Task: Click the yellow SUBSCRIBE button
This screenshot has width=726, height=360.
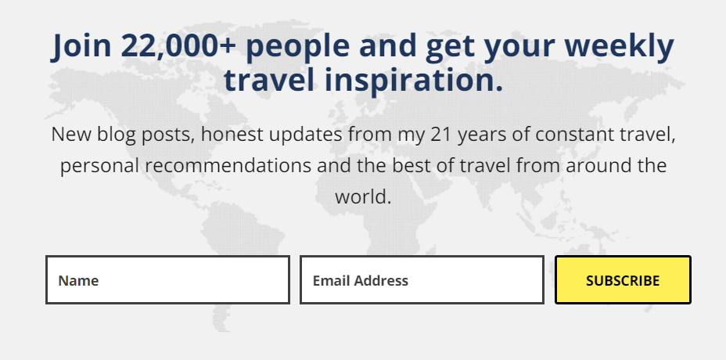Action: [623, 280]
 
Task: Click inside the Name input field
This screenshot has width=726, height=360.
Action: [167, 280]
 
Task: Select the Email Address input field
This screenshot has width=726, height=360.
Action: [422, 280]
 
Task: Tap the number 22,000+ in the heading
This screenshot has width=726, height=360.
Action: [178, 46]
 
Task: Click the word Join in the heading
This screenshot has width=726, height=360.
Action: [81, 46]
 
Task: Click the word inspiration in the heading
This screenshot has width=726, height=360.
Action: [414, 80]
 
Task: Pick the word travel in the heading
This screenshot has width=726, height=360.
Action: [269, 79]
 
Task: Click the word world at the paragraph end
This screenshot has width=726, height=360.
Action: [364, 196]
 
